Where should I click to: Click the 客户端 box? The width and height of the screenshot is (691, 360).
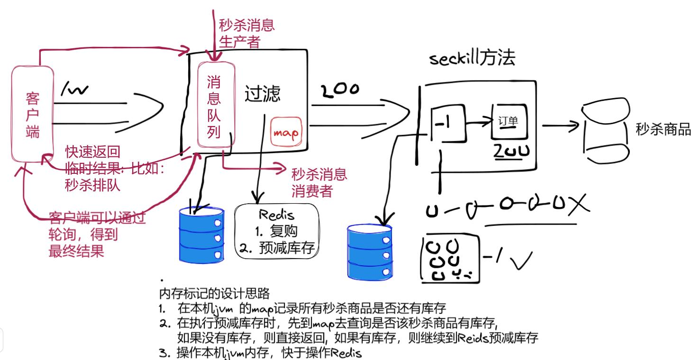point(32,114)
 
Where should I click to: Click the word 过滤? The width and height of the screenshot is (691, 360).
point(262,94)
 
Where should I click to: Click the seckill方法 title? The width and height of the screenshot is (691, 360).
point(472,59)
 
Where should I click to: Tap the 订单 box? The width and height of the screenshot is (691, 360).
point(509,122)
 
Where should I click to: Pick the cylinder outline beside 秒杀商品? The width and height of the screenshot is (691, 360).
point(606,134)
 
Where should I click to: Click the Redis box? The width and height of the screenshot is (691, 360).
point(277,231)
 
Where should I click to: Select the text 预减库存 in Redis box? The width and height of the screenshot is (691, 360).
point(286,248)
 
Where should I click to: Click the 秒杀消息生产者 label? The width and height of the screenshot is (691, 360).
point(246,33)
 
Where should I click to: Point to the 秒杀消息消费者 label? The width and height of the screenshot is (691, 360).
point(318,182)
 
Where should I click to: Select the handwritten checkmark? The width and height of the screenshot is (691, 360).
point(521,258)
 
